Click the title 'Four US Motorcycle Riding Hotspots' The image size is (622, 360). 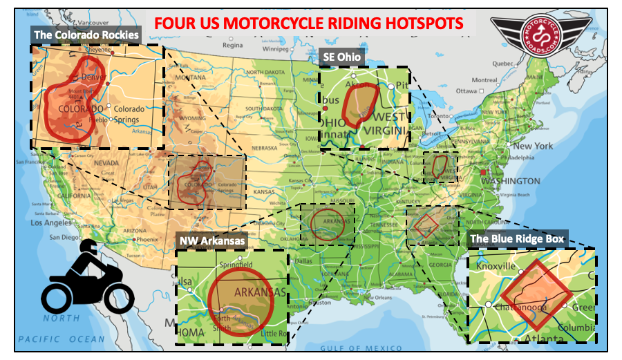tap(308, 23)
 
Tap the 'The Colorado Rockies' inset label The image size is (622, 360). tap(86, 34)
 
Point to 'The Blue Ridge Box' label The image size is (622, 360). tap(517, 239)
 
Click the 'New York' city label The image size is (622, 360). tap(532, 146)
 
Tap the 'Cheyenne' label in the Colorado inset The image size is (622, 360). tap(99, 50)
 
